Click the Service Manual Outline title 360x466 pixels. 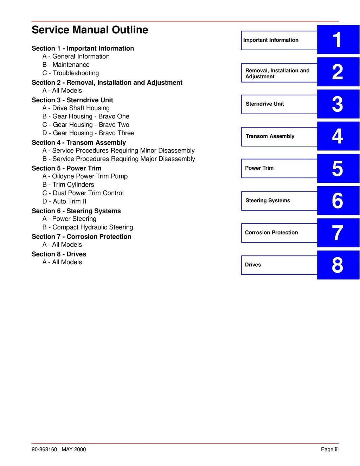tap(90, 30)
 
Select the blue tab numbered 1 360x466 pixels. tap(338, 40)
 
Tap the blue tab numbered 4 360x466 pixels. tap(338, 136)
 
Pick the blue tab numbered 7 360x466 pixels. tap(338, 233)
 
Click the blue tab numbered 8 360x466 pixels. tap(338, 265)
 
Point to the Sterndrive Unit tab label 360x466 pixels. tap(265, 104)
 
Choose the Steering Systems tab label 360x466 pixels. tap(268, 201)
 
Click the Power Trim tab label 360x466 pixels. tap(259, 168)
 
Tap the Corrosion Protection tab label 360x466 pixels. tap(271, 233)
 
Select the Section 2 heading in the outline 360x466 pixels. tap(107, 83)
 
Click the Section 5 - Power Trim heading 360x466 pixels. tap(66, 168)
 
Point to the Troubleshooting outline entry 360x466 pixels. tap(71, 73)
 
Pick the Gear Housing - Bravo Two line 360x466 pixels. tap(86, 125)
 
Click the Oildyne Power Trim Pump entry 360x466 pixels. tap(85, 176)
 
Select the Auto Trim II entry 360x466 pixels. tap(64, 201)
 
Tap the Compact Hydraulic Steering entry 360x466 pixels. tap(88, 227)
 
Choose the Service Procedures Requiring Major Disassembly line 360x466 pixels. tap(119, 159)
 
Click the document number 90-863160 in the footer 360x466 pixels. tap(44, 449)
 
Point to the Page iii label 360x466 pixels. tap(329, 449)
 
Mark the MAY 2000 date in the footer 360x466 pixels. tap(73, 449)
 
